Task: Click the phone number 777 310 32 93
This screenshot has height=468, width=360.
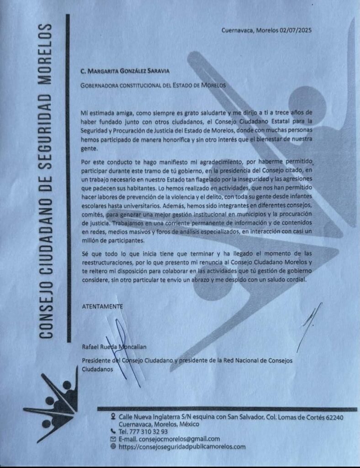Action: (x=149, y=431)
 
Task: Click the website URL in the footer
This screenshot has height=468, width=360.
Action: (x=182, y=447)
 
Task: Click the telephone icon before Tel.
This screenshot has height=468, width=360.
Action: (x=113, y=431)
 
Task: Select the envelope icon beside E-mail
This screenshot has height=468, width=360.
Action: (x=113, y=439)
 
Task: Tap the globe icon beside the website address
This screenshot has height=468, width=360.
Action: (x=113, y=447)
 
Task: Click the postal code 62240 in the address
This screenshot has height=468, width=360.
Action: (x=334, y=417)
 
